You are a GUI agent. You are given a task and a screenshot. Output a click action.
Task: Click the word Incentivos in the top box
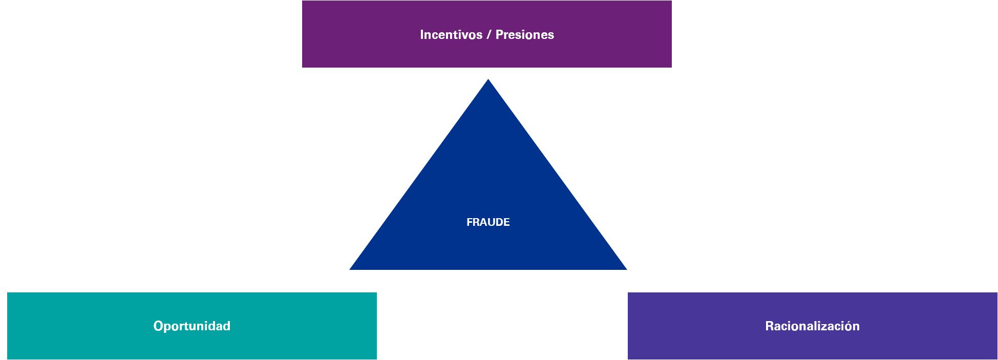click(x=451, y=35)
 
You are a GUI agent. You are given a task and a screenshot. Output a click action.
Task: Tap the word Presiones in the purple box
click(x=525, y=35)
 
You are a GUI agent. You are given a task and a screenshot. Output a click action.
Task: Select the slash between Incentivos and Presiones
click(x=489, y=35)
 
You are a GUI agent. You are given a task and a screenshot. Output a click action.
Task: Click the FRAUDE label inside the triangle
click(x=488, y=222)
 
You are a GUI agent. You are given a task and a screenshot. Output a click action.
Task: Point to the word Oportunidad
click(x=192, y=326)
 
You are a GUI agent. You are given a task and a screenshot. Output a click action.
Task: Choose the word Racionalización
click(x=812, y=326)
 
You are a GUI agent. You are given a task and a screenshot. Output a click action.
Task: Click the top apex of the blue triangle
click(x=488, y=79)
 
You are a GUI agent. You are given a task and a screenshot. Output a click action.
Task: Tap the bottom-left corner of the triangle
click(x=350, y=269)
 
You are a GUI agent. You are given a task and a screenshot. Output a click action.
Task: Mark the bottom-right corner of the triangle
click(x=627, y=269)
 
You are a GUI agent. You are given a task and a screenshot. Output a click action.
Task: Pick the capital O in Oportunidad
click(x=158, y=326)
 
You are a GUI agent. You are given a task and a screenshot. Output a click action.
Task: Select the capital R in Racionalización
click(x=770, y=326)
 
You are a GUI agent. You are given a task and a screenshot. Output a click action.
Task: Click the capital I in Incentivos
click(x=422, y=35)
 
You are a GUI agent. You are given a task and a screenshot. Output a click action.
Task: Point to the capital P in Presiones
click(x=500, y=35)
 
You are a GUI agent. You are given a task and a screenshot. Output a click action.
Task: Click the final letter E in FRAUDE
click(x=506, y=222)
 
